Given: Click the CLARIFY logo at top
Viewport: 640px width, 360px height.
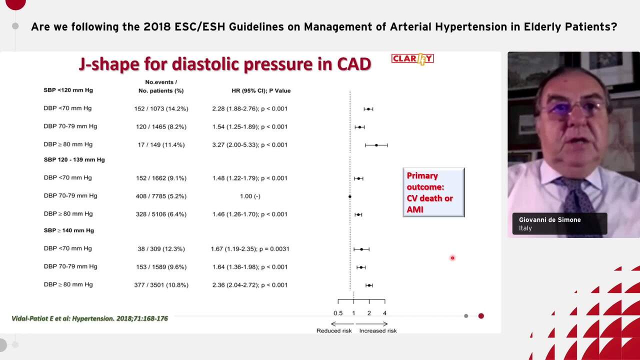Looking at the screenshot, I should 412,59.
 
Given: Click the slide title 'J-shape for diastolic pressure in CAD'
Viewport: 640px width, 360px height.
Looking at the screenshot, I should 224,64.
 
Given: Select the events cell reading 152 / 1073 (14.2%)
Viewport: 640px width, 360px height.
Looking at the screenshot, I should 161,108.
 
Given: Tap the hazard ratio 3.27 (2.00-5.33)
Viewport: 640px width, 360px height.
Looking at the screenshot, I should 249,145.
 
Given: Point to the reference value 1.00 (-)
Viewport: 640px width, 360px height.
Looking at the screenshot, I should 250,196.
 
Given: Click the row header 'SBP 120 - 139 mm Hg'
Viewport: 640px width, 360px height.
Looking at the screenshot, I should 74,160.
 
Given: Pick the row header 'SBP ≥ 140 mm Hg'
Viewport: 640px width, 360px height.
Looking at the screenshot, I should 68,230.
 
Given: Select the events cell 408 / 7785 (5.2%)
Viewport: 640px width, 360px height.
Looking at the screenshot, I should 161,196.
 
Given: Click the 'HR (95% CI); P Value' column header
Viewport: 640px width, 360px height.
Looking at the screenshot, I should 261,90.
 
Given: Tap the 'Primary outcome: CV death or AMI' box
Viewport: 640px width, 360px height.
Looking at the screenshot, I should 433,192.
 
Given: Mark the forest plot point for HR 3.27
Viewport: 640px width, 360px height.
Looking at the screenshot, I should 376,145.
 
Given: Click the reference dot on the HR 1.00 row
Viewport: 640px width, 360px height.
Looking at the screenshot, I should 350,196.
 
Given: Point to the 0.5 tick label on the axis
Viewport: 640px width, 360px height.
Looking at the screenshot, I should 338,313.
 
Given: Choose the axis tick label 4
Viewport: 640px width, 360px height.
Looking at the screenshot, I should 384,313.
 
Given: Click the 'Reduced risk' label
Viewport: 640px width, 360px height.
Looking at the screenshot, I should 334,330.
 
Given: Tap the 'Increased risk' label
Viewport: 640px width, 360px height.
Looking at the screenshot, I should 377,330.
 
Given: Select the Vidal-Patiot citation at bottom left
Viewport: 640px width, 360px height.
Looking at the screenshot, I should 90,318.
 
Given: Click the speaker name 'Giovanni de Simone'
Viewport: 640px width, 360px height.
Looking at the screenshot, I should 549,220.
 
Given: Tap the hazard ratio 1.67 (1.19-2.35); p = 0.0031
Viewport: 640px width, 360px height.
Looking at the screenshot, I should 249,249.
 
